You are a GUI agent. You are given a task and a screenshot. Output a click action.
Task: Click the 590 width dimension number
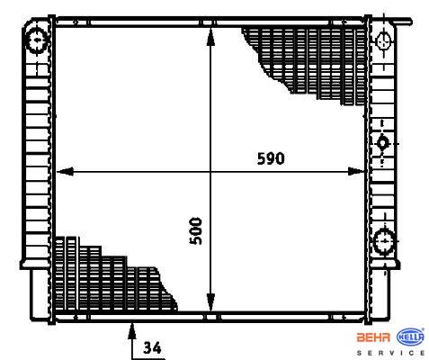(271, 158)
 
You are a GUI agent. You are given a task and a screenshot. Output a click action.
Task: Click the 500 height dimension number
(196, 230)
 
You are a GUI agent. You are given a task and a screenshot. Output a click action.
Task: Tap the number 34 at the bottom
(152, 347)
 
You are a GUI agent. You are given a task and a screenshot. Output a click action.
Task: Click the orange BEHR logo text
(373, 337)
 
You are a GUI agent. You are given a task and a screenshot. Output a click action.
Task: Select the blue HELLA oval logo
(410, 337)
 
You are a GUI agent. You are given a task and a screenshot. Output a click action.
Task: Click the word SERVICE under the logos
(390, 353)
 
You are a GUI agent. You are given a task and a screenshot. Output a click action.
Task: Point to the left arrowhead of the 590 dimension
(65, 172)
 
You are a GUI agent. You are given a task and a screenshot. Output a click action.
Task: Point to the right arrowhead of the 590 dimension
(356, 172)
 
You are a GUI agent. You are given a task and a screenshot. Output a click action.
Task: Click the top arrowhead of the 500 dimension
(211, 37)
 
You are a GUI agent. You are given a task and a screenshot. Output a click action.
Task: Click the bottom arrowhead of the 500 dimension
(211, 302)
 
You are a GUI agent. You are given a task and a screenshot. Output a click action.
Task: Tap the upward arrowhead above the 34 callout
(132, 331)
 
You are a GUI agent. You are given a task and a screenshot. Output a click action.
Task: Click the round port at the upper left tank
(38, 40)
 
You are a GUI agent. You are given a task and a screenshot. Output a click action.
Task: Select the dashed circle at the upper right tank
(384, 41)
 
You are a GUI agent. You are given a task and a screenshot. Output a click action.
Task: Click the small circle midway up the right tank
(382, 143)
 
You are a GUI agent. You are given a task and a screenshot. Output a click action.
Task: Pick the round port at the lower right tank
(384, 241)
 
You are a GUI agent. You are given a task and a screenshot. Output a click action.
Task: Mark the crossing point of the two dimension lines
(211, 172)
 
